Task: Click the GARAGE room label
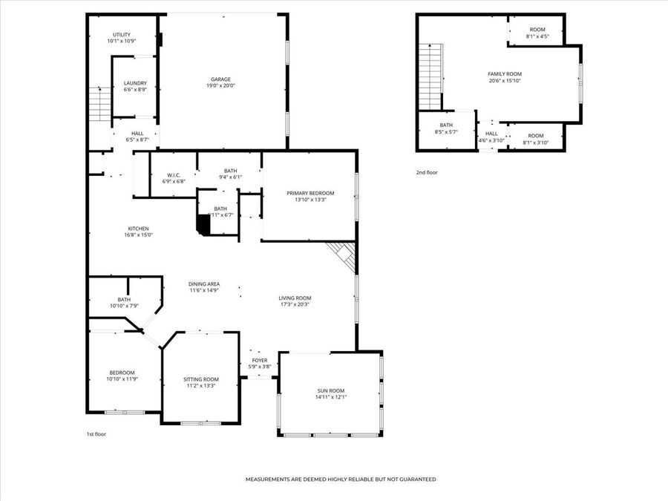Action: point(220,79)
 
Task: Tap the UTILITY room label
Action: point(122,35)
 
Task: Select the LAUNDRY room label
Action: point(135,83)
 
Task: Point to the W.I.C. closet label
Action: point(174,175)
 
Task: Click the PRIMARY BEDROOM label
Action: point(310,193)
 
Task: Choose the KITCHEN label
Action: point(138,229)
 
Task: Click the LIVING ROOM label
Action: point(295,298)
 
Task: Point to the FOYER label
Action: point(260,360)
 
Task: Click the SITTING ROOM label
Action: point(201,379)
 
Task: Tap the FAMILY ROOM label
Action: point(505,74)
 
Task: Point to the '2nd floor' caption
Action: point(427,172)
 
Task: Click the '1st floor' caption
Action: point(96,434)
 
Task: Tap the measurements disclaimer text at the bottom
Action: point(341,479)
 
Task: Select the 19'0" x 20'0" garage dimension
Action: point(220,86)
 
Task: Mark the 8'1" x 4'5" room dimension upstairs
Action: point(537,36)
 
